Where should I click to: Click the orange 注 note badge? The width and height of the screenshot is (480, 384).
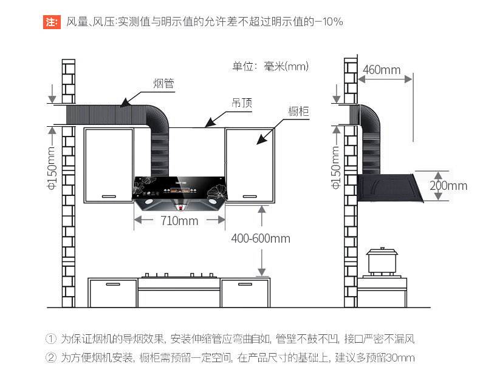tap(52, 22)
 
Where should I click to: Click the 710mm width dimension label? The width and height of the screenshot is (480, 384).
tap(180, 220)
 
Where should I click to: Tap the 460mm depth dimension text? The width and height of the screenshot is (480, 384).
tap(382, 70)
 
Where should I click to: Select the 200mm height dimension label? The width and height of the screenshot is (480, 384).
tap(448, 186)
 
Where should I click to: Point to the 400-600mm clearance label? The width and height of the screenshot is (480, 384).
tap(261, 238)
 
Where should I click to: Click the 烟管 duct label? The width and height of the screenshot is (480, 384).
tap(164, 83)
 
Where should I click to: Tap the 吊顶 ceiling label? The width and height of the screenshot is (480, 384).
tap(242, 103)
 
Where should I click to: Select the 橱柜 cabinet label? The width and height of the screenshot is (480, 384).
tap(298, 111)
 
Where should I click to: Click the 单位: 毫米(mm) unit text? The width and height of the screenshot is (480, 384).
tap(270, 66)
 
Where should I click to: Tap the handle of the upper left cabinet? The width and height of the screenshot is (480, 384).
tap(109, 197)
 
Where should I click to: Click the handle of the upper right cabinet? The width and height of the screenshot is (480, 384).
tap(250, 197)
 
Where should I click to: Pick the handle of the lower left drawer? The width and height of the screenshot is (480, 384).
tap(113, 285)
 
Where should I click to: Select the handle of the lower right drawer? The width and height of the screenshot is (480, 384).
tap(245, 285)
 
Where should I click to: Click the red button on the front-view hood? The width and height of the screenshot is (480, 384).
tap(180, 208)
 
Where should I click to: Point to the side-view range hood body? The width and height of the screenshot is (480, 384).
tap(389, 187)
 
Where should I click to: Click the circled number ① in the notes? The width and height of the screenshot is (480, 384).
tap(51, 339)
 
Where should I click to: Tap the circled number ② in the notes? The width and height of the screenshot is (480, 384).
tap(51, 357)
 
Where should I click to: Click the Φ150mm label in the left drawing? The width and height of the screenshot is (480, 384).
tap(52, 169)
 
